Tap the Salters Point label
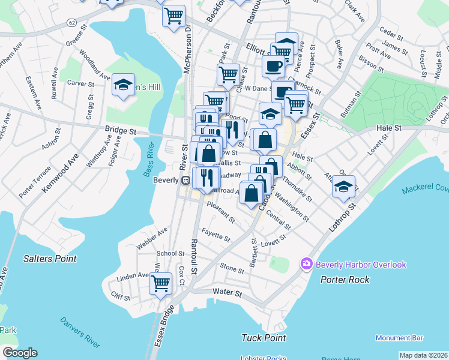click(50, 259)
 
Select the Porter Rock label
click(345, 280)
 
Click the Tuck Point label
click(264, 338)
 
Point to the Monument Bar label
click(400, 338)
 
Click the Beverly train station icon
click(186, 181)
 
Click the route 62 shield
click(71, 23)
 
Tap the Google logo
click(20, 353)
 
